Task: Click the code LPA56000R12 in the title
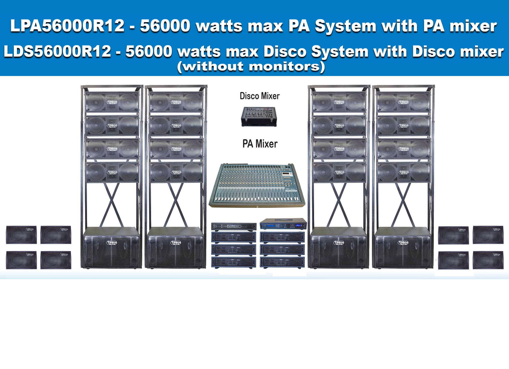[x=67, y=26]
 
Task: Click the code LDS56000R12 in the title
[x=57, y=51]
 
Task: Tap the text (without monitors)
[x=251, y=67]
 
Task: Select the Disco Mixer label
[x=259, y=96]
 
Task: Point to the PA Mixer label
[x=260, y=144]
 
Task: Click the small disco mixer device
[x=258, y=117]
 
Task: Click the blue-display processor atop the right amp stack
[x=283, y=225]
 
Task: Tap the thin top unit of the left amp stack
[x=233, y=226]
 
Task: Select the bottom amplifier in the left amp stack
[x=233, y=262]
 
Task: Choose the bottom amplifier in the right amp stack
[x=282, y=262]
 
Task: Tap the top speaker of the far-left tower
[x=112, y=102]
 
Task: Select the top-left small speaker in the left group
[x=21, y=235]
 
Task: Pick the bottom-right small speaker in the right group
[x=488, y=260]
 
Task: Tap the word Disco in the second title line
[x=285, y=51]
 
